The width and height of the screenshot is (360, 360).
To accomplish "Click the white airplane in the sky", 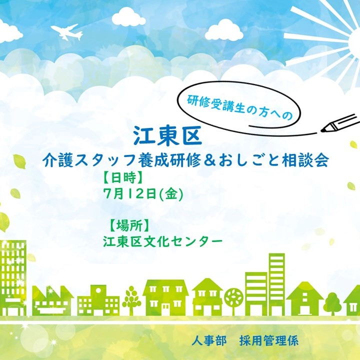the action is pos(67,32).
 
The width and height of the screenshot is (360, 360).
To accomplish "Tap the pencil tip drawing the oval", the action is pos(322,130).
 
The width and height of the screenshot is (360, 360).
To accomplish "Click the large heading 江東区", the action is pos(167,135).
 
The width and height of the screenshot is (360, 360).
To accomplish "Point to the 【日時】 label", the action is pos(123,177).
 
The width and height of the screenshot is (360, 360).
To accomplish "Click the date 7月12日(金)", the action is pos(143,194).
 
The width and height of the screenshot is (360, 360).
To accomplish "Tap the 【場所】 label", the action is pos(129,225).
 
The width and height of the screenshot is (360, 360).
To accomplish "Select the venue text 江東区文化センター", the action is pos(163,241).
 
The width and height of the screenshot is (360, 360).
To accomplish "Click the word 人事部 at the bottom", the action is pos(209,340).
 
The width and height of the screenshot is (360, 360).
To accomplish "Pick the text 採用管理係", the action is pos(269,340).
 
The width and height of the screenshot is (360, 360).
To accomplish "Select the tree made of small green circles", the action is pos(131,299).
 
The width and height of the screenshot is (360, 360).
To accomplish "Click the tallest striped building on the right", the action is pos(277,284).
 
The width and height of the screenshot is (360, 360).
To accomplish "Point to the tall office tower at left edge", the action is pos(13,278).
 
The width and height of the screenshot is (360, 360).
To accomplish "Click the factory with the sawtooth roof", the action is pos(52,300).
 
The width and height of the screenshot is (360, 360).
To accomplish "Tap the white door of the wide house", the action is pos(165,309).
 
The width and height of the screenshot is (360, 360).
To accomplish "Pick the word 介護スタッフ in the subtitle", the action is pos(90,160).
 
